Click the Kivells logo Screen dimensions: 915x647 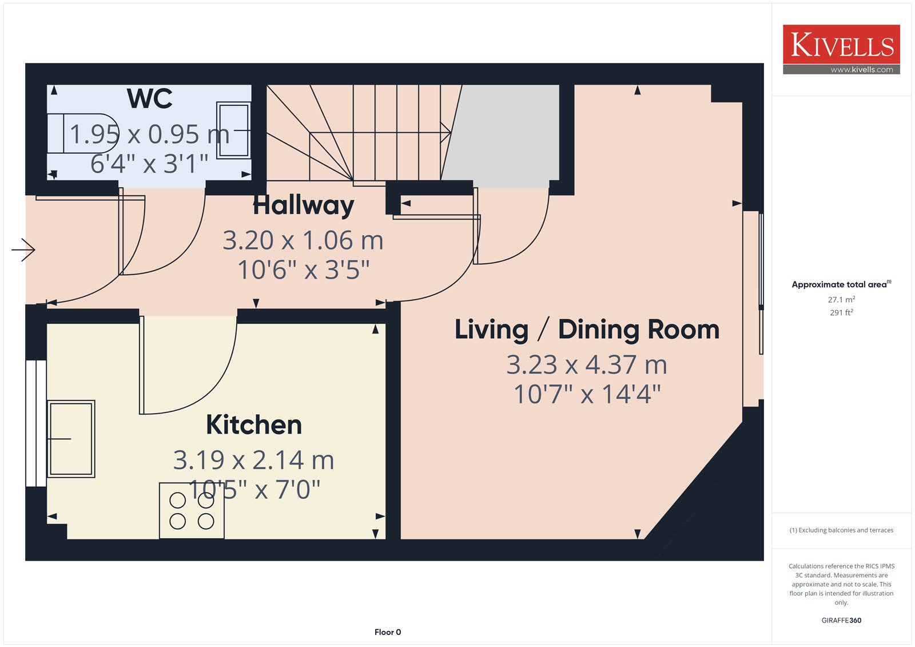click(841, 49)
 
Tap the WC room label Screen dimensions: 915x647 click(149, 98)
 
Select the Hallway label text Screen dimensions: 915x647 click(304, 205)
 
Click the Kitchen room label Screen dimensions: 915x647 click(254, 424)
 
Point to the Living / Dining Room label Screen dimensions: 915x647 click(587, 330)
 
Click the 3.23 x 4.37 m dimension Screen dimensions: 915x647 click(587, 364)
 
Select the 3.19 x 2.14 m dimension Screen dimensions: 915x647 click(254, 460)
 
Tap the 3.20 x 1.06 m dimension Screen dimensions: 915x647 click(303, 240)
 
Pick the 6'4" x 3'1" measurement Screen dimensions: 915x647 click(149, 164)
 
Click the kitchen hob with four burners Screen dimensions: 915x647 click(192, 510)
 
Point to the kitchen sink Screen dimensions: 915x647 click(71, 439)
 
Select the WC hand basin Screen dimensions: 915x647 click(233, 130)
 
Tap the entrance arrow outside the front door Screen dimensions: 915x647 click(23, 250)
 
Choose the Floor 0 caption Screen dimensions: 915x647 click(388, 632)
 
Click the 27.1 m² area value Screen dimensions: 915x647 click(841, 300)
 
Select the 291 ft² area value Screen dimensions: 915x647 click(841, 313)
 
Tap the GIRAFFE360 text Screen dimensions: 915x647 click(841, 621)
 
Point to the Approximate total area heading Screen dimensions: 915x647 click(841, 284)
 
